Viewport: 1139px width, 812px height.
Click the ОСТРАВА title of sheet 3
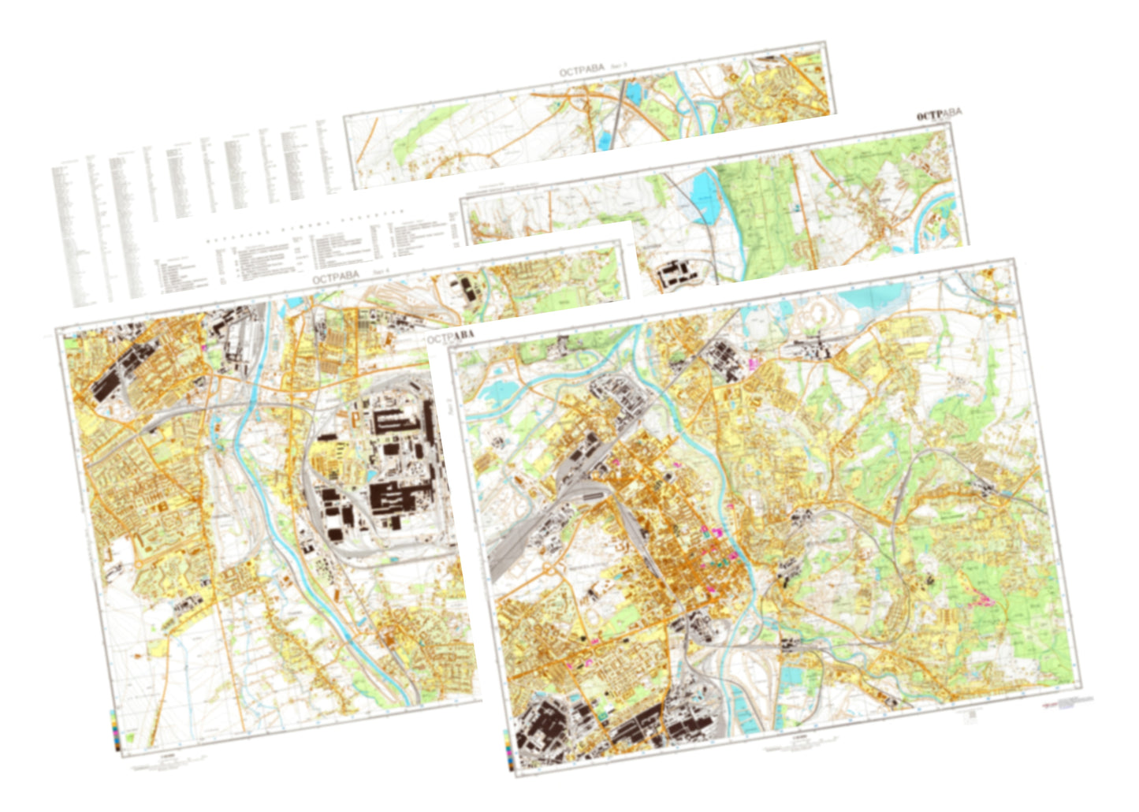coord(581,71)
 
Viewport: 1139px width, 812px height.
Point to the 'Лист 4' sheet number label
coord(381,270)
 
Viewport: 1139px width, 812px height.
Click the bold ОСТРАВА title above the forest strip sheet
coord(939,115)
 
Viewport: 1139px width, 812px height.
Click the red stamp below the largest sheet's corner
coord(1049,704)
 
